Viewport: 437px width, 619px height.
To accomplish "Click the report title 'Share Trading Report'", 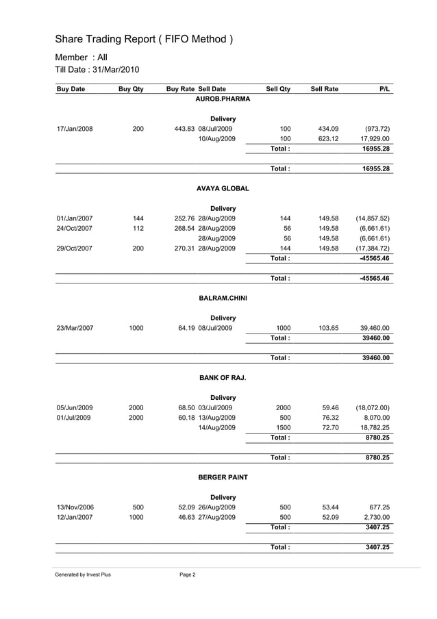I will tap(144, 39).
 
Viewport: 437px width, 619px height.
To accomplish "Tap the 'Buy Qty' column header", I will tap(131, 89).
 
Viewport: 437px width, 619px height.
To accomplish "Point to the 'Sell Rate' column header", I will tap(324, 89).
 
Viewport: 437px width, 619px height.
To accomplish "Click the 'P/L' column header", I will tap(384, 89).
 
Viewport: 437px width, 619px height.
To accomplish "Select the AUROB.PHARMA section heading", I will tap(223, 99).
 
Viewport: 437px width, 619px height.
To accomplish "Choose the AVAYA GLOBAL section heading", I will tap(223, 188).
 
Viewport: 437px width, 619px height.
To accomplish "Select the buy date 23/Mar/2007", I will tap(75, 328).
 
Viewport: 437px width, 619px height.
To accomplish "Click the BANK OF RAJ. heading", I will tap(223, 377).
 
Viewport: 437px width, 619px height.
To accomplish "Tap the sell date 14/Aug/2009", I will tap(216, 427).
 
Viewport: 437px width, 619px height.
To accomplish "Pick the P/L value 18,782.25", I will tap(371, 427).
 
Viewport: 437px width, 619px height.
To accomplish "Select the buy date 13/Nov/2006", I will tap(75, 507).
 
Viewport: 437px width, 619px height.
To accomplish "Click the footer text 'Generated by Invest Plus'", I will tap(83, 574).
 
